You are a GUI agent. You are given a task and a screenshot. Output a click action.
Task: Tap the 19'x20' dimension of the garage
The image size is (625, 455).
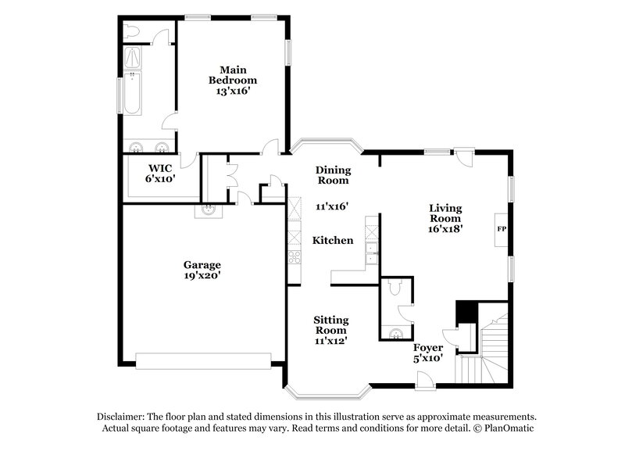(x=202, y=275)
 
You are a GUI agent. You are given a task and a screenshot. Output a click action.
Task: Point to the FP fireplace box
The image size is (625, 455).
(x=502, y=228)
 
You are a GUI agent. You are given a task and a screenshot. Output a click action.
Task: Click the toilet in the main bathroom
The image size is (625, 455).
(x=131, y=31)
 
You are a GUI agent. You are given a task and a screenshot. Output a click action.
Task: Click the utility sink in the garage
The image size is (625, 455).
(x=209, y=209)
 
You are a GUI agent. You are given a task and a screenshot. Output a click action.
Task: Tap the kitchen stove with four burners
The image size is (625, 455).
(x=295, y=256)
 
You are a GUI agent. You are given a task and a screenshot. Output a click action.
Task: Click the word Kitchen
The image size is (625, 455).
(x=333, y=241)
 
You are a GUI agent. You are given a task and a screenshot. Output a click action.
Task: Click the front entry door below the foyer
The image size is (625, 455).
(x=426, y=382)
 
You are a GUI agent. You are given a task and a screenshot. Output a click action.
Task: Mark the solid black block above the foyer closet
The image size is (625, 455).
(x=466, y=311)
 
